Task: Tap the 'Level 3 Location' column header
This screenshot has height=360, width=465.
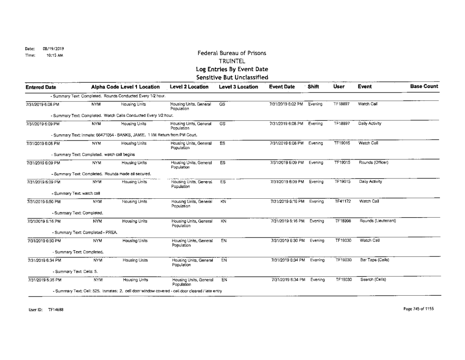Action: [x=237, y=88]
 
